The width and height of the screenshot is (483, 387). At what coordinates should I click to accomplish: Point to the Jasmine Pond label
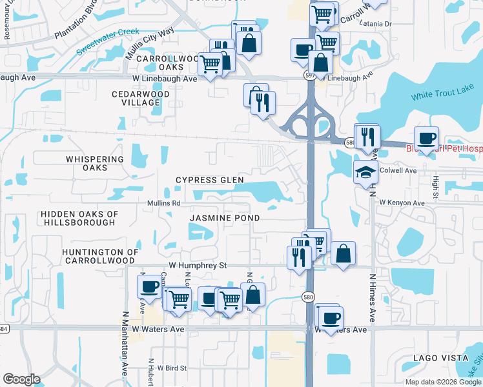225,219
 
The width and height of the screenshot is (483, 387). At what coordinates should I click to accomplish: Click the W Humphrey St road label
198,265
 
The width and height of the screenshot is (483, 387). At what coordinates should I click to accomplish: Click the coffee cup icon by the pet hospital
426,138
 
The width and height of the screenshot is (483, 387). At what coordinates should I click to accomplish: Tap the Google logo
21,379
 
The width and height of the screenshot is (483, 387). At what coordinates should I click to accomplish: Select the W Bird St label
167,368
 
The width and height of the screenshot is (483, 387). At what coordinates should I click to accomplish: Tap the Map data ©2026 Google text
443,382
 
